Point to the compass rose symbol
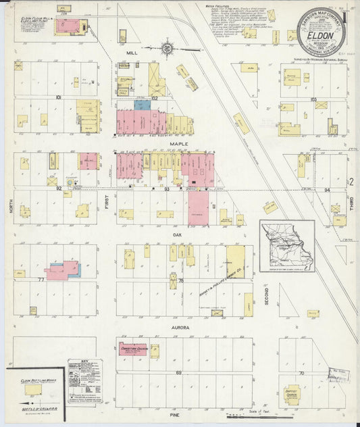coord(168,48)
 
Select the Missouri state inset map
coord(287,246)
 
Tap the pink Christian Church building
coord(132,348)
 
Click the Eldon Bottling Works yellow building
coord(32,389)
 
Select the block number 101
coord(59,98)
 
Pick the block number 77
coord(41,279)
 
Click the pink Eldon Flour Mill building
coord(68,26)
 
